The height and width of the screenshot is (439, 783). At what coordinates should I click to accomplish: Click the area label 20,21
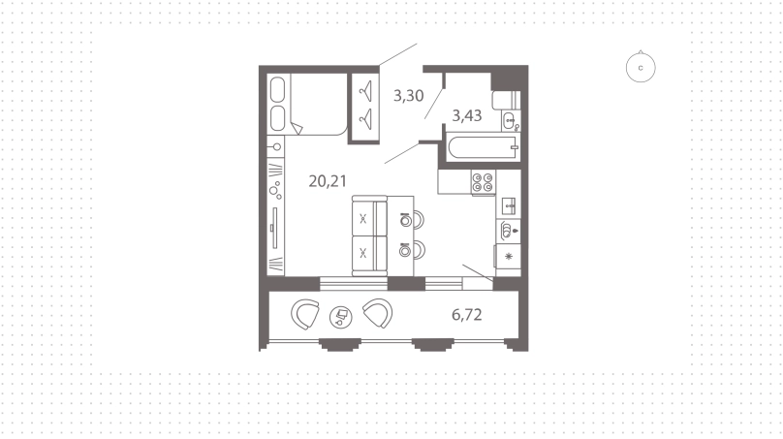click(x=328, y=181)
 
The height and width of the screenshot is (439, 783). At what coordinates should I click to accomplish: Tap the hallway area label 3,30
click(x=409, y=95)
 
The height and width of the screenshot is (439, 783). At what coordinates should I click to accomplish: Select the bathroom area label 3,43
click(x=467, y=116)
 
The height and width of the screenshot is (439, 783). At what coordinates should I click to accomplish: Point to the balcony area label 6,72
click(x=467, y=315)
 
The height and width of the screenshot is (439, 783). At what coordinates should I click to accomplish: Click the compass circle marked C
click(x=641, y=68)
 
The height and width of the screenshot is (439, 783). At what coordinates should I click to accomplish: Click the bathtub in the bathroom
click(x=483, y=147)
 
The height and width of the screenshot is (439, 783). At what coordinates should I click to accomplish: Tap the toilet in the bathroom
click(x=506, y=101)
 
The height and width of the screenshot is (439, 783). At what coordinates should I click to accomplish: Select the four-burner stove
click(x=483, y=182)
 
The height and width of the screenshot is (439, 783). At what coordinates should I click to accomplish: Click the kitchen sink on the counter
click(x=509, y=204)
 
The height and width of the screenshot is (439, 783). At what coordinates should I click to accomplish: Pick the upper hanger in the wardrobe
click(x=366, y=91)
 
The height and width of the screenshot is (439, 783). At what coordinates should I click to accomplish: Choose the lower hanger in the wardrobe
click(x=366, y=118)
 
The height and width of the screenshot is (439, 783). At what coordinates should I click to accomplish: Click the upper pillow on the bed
click(x=278, y=89)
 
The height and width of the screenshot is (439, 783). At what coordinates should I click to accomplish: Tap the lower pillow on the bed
click(x=278, y=118)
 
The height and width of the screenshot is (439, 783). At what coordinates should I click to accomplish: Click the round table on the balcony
click(x=340, y=317)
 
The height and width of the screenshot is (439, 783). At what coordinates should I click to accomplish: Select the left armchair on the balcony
click(x=305, y=314)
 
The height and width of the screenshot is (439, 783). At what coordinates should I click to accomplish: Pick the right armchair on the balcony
click(x=378, y=313)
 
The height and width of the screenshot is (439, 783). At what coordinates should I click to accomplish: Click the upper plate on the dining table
click(x=405, y=220)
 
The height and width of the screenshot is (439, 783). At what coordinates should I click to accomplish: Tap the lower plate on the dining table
click(x=405, y=250)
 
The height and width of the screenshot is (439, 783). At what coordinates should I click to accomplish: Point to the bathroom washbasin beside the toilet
click(x=511, y=121)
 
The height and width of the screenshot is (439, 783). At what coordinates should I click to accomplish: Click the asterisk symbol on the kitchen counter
click(x=509, y=257)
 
